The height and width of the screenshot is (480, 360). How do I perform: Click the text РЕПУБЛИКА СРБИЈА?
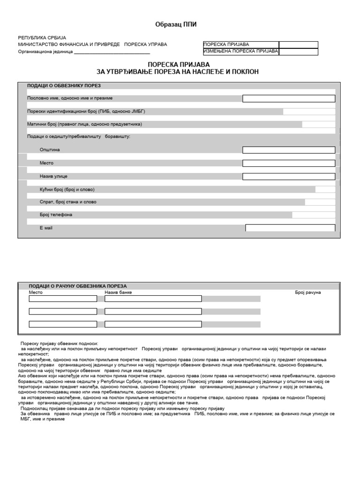click(x=42, y=37)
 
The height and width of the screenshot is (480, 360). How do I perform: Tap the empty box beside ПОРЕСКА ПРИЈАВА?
click(x=298, y=45)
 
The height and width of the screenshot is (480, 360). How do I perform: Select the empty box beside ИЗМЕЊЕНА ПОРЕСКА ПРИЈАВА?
click(x=298, y=52)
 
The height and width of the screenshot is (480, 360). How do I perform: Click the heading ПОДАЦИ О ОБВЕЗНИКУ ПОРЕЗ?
click(x=64, y=86)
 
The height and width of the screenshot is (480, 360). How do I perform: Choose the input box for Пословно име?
click(x=288, y=98)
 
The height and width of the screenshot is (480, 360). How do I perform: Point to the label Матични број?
click(x=84, y=124)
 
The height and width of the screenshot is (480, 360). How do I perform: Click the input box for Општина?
click(x=288, y=150)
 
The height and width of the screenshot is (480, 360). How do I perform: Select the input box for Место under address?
click(x=288, y=163)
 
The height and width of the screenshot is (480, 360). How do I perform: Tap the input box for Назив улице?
click(x=288, y=176)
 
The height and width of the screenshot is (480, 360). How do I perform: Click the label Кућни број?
click(x=67, y=189)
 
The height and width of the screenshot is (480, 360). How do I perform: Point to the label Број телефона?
click(x=56, y=215)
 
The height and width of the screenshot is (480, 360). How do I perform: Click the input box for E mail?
click(x=290, y=228)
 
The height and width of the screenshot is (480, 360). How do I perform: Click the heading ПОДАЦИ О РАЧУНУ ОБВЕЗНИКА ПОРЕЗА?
click(x=78, y=286)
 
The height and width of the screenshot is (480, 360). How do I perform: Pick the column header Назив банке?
click(x=119, y=292)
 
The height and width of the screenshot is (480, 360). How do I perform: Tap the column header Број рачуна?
click(x=307, y=292)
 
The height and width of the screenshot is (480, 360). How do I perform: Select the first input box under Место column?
click(x=63, y=299)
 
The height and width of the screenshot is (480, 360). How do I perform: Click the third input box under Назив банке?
click(x=153, y=324)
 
